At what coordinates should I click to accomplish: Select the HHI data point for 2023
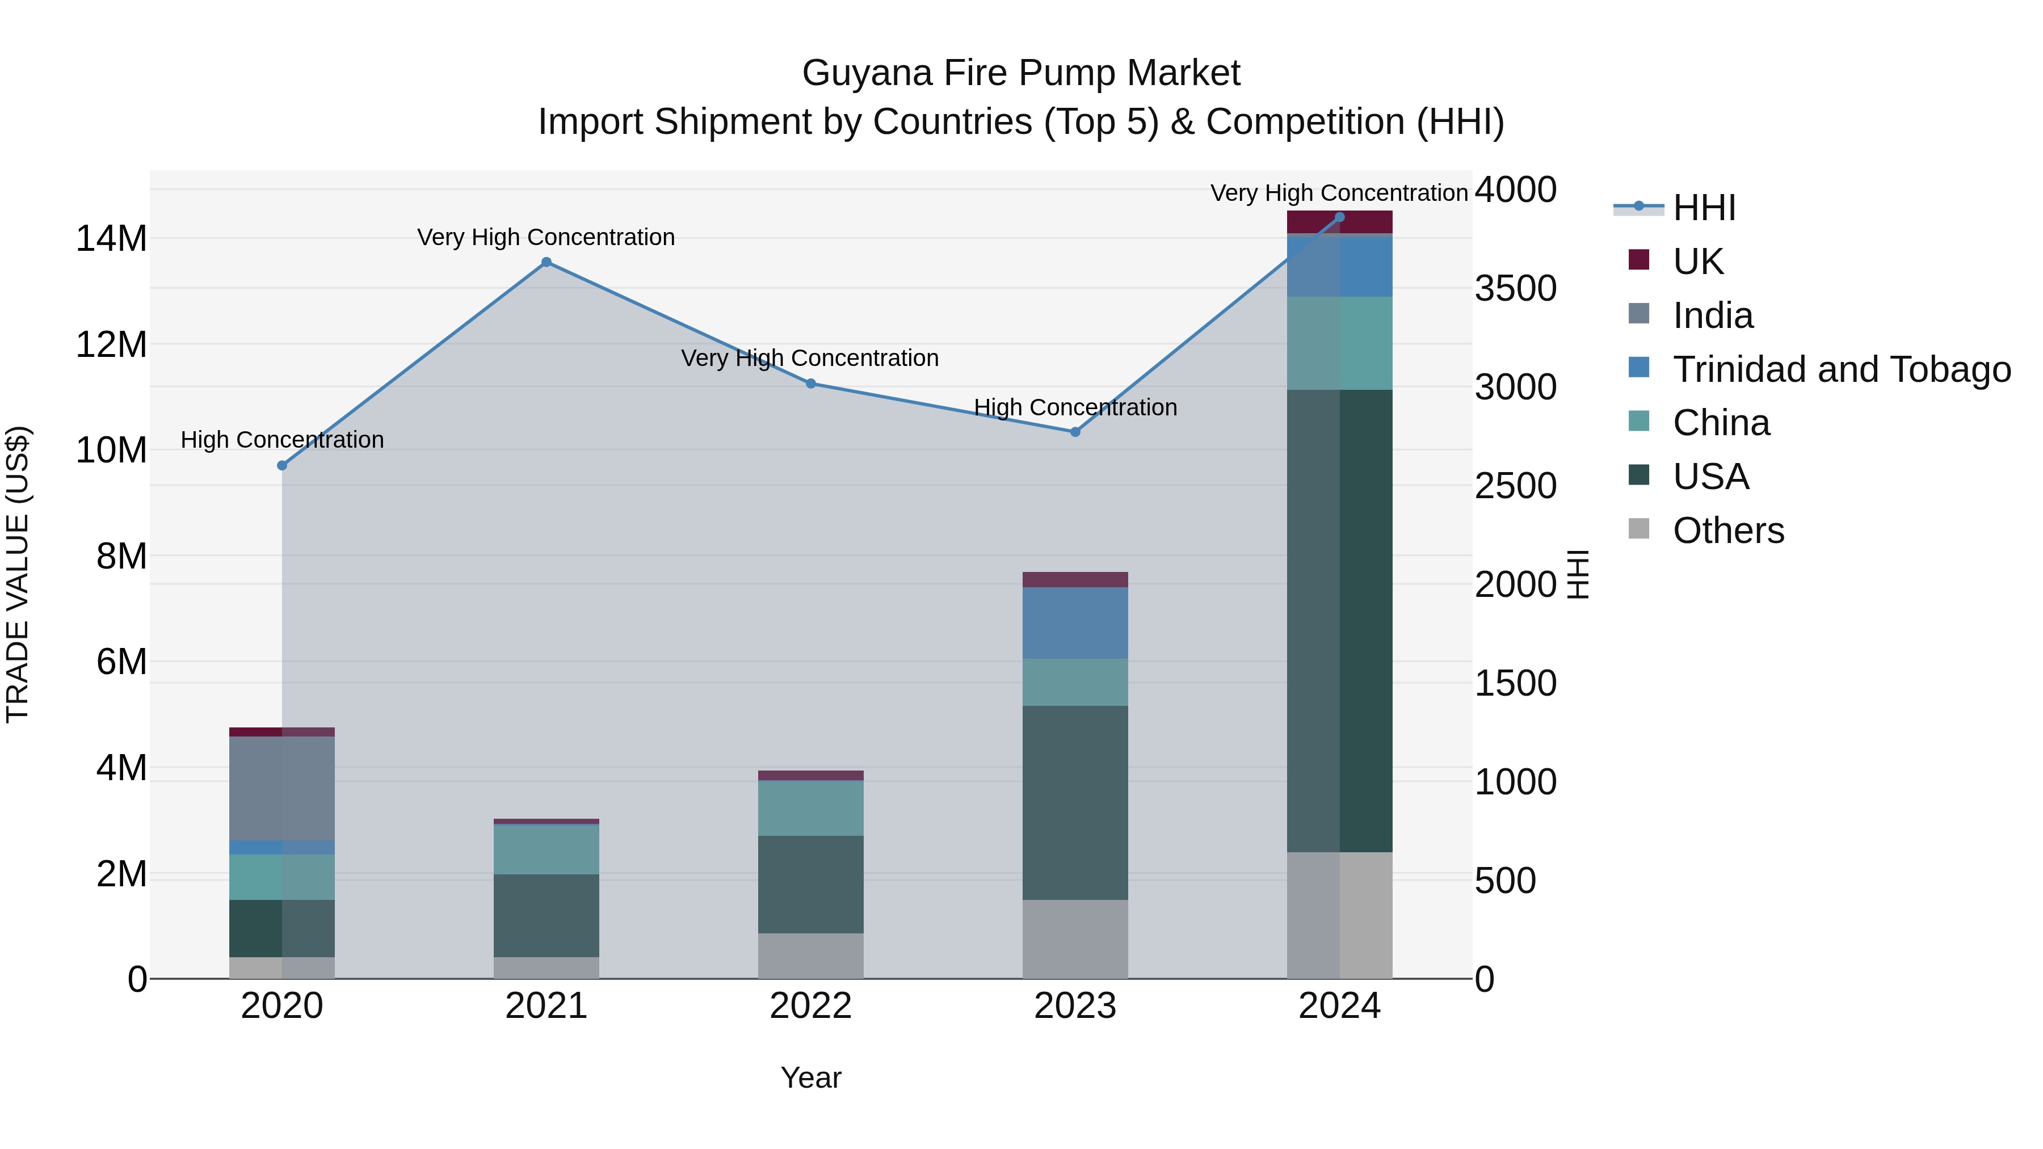(1075, 432)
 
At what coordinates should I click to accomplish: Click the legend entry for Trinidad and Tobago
(1841, 369)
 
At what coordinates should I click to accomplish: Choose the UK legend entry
(1697, 261)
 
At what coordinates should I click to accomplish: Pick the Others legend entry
(1727, 530)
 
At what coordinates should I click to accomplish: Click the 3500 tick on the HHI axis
(1515, 289)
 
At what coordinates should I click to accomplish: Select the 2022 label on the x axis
(810, 1006)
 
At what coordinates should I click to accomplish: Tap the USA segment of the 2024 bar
(1339, 620)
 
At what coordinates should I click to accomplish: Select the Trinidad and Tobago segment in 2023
(1075, 622)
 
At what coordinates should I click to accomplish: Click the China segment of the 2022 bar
(810, 808)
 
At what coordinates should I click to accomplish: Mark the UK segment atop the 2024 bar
(1339, 222)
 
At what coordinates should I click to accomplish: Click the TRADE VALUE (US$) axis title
(18, 574)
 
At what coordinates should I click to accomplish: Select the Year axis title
(810, 1078)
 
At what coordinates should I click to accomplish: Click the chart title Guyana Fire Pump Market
(1021, 73)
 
